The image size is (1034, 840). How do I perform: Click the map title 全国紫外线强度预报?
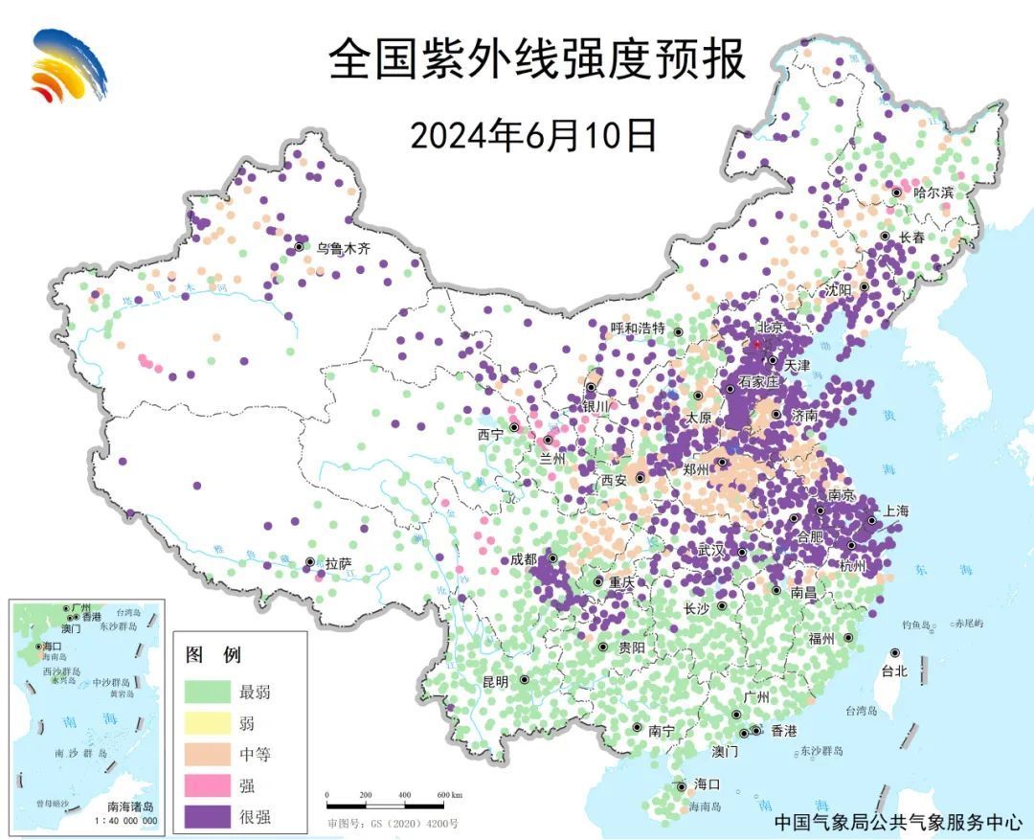tap(536, 60)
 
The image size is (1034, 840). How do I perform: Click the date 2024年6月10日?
tap(533, 135)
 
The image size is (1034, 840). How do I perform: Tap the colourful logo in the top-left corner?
tap(69, 65)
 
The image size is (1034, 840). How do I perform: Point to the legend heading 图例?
tap(214, 656)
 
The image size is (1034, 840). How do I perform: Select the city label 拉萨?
tap(338, 564)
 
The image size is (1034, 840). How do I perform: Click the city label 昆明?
tap(496, 682)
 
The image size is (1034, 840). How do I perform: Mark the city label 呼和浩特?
tap(638, 329)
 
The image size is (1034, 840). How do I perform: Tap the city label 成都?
tap(523, 559)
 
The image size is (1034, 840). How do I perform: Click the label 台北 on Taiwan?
tap(893, 671)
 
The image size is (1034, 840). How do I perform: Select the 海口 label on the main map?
tap(707, 784)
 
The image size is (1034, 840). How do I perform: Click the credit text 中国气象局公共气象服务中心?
tap(898, 821)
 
